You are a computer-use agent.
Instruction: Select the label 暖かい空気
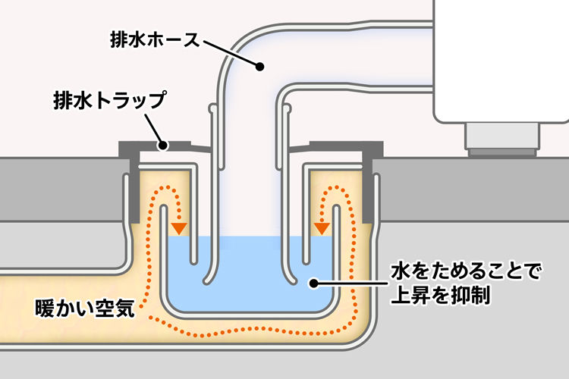(x=85, y=309)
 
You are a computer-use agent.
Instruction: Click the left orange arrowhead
(x=179, y=227)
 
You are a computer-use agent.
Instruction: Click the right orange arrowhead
(x=322, y=227)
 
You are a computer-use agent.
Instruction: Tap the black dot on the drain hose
(x=259, y=67)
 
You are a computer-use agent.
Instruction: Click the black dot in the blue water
(x=311, y=283)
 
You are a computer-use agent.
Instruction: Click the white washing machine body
(x=501, y=61)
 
